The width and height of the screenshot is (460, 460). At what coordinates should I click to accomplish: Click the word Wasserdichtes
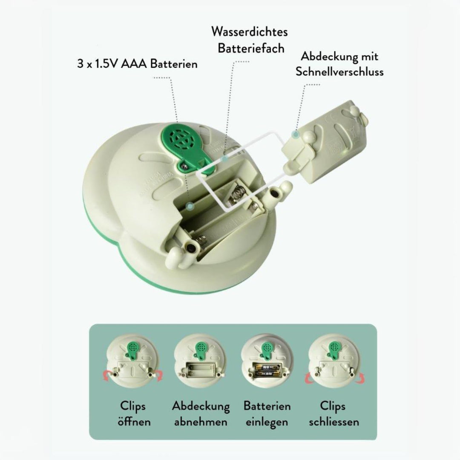coord(249,32)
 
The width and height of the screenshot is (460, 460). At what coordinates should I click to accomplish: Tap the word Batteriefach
coord(251,49)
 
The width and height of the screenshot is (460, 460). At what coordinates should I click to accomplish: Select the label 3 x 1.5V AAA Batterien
coord(137,63)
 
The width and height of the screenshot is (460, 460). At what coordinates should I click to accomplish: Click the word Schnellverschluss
coord(339,72)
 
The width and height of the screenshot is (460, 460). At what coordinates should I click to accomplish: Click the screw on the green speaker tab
coord(185,166)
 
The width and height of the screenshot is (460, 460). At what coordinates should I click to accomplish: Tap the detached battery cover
coord(325,141)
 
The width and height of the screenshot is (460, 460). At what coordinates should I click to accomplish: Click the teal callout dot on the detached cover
coord(296,134)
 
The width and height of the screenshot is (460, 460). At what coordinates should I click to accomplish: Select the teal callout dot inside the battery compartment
coord(191,206)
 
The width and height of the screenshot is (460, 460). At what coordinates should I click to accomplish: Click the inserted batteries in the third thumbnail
coord(267,371)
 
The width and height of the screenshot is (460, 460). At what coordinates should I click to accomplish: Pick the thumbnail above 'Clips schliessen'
coord(334,362)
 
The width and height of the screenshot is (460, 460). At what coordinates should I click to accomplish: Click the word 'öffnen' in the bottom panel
coord(134,422)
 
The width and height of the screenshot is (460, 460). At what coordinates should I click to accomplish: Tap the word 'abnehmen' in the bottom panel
coord(201,422)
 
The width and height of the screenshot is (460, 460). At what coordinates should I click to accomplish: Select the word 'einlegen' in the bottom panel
coord(267,422)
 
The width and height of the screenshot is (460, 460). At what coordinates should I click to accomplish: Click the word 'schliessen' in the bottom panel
coord(334,422)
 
